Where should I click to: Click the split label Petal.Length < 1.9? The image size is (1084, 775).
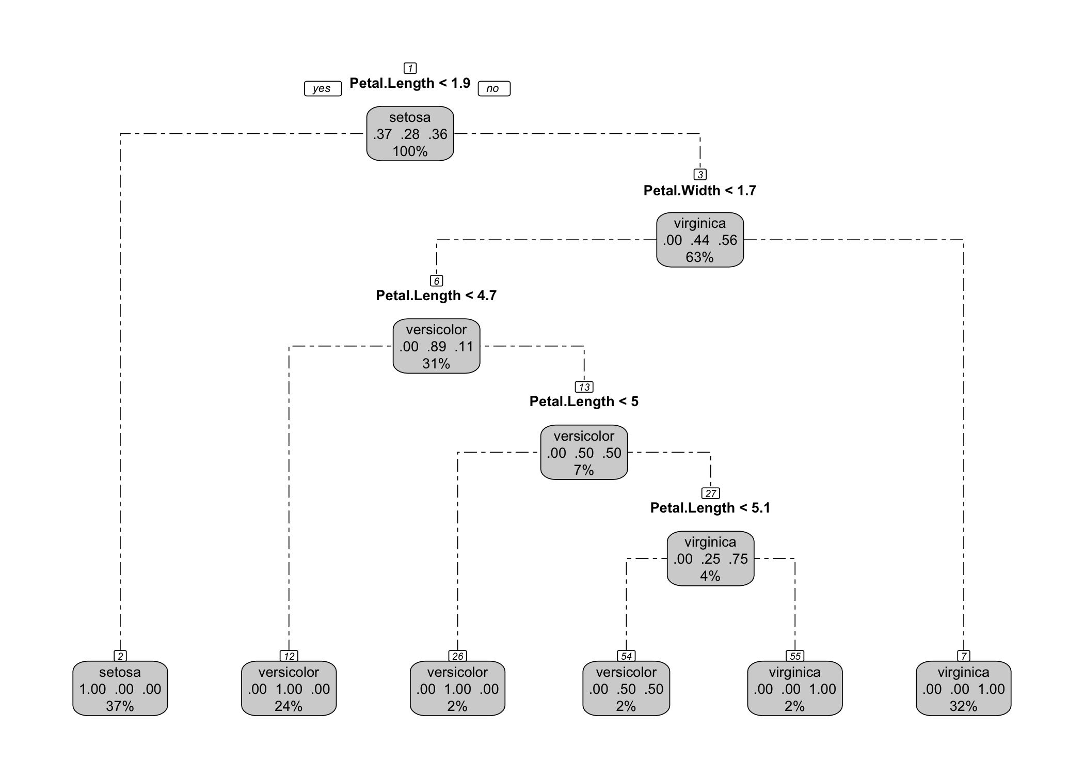click(x=410, y=83)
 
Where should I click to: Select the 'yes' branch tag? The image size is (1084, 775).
click(x=322, y=88)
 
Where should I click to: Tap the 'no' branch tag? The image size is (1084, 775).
click(x=493, y=88)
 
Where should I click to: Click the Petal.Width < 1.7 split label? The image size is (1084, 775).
click(x=699, y=191)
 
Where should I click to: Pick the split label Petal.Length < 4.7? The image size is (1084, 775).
click(x=436, y=296)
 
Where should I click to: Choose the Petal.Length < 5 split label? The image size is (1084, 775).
click(x=584, y=402)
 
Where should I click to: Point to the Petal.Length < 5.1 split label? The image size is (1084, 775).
click(x=710, y=508)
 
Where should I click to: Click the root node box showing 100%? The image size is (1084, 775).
click(x=410, y=134)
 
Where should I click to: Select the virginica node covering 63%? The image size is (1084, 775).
click(x=699, y=240)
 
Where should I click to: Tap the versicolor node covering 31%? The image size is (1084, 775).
click(x=436, y=346)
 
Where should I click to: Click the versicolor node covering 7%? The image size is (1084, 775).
click(x=584, y=453)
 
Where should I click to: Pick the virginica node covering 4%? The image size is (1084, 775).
click(x=710, y=559)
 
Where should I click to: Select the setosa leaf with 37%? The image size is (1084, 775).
click(x=120, y=689)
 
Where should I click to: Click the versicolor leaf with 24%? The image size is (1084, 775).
click(x=289, y=689)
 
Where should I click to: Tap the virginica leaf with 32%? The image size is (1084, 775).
click(x=963, y=689)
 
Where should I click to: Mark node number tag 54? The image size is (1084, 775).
click(x=626, y=656)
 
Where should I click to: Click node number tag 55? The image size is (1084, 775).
click(x=795, y=656)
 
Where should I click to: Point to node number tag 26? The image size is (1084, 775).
click(x=457, y=656)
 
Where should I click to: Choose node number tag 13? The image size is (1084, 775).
click(x=584, y=387)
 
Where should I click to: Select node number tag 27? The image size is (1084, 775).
click(x=710, y=493)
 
